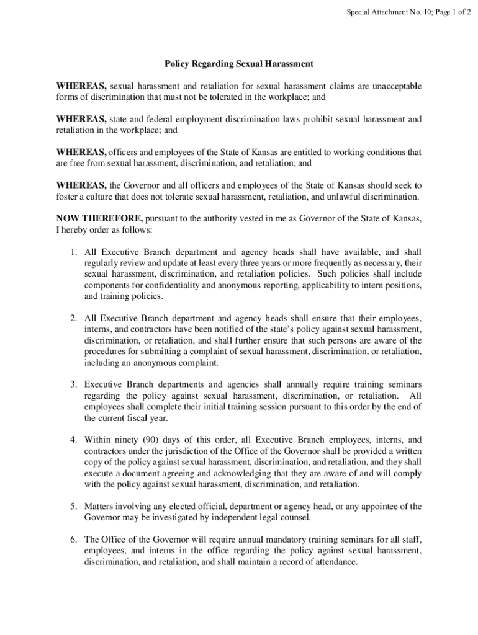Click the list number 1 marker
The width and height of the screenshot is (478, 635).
pyautogui.click(x=73, y=252)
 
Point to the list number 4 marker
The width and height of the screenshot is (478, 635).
pyautogui.click(x=73, y=439)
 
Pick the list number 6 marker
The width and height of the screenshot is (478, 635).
pyautogui.click(x=73, y=540)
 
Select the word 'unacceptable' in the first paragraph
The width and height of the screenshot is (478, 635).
pyautogui.click(x=395, y=86)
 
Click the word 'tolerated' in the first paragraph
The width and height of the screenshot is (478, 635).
pyautogui.click(x=228, y=97)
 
